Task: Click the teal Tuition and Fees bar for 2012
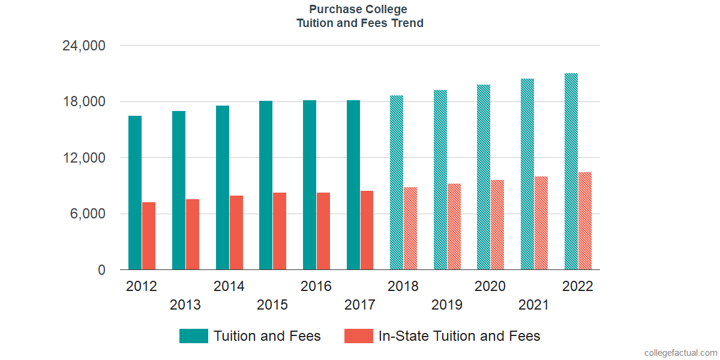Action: click(135, 193)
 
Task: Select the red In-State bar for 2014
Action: click(236, 233)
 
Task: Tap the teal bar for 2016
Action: click(310, 185)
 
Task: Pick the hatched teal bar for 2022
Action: click(571, 172)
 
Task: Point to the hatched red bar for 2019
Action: click(454, 227)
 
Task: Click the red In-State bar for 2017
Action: click(367, 230)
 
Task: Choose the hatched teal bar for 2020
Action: click(484, 177)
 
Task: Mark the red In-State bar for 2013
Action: click(193, 235)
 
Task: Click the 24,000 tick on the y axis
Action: click(84, 46)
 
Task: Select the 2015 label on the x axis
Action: click(272, 305)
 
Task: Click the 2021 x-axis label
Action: click(534, 305)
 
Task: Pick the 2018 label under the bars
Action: click(403, 286)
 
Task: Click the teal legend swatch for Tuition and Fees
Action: click(194, 336)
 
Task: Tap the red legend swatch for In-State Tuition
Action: click(359, 336)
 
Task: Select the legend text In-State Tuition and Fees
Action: click(459, 336)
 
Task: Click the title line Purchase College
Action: click(358, 9)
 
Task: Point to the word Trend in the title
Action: click(407, 23)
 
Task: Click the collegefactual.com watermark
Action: click(680, 353)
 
